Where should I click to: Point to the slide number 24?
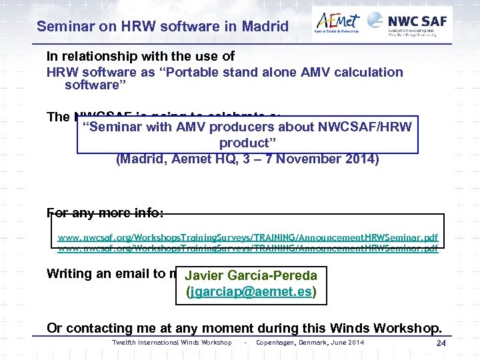tap(441, 343)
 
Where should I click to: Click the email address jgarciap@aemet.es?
tap(251, 292)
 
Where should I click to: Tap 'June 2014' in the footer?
tap(348, 343)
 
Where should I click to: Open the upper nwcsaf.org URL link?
tap(248, 237)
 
